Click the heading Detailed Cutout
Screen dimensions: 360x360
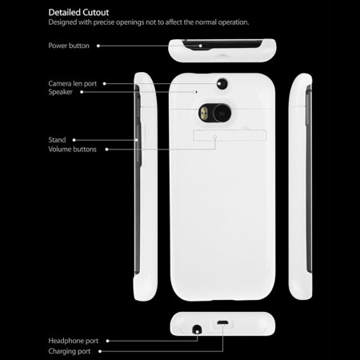pyautogui.click(x=78, y=13)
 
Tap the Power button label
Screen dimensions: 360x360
pyautogui.click(x=69, y=46)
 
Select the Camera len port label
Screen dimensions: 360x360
pyautogui.click(x=73, y=84)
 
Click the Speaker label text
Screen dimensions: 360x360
pyautogui.click(x=60, y=92)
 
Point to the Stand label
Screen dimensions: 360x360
pyautogui.click(x=57, y=140)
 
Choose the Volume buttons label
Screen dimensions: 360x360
pyautogui.click(x=72, y=150)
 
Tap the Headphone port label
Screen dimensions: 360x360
pyautogui.click(x=74, y=341)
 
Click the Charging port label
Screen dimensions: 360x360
pyautogui.click(x=70, y=351)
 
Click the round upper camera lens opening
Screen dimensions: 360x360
pyautogui.click(x=222, y=84)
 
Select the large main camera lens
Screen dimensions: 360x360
pyautogui.click(x=222, y=114)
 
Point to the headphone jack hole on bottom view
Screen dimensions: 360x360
pyautogui.click(x=197, y=330)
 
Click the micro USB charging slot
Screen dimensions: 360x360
pyautogui.click(x=222, y=323)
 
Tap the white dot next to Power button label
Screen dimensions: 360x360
pyautogui.click(x=98, y=46)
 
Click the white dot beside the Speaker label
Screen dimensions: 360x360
pyautogui.click(x=82, y=92)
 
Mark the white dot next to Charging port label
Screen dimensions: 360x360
pyautogui.click(x=100, y=351)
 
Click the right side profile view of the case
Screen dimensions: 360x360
pyautogui.click(x=300, y=186)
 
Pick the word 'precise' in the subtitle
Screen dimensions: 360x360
pyautogui.click(x=104, y=22)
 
